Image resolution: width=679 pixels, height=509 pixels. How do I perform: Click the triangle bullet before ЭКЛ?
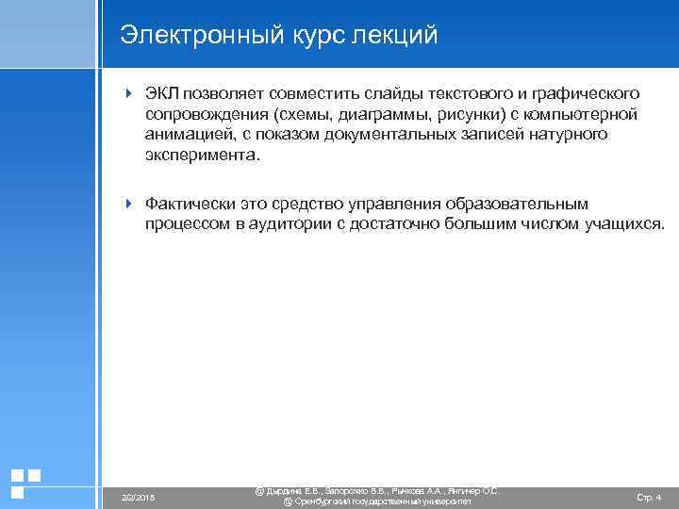(129, 94)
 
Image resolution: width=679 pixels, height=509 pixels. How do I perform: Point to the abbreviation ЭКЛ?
(163, 94)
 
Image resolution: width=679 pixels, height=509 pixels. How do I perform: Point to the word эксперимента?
(200, 156)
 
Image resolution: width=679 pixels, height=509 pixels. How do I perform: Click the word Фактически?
(191, 205)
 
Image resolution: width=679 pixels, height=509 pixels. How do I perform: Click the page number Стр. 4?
(649, 497)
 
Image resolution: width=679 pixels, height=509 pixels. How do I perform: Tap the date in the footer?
(139, 497)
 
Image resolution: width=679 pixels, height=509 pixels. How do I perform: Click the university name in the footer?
(377, 501)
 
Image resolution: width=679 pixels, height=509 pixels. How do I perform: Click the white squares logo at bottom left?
(25, 483)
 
